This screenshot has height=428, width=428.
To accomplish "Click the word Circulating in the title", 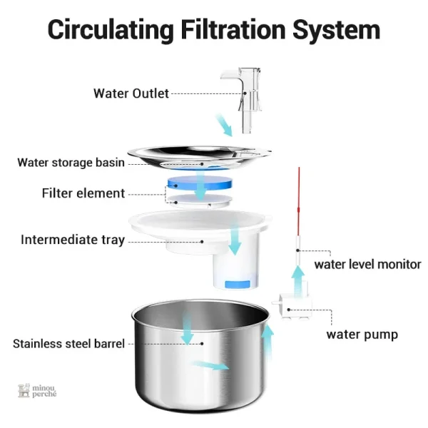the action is tap(111, 30).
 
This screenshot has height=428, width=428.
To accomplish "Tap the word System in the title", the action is tap(336, 30).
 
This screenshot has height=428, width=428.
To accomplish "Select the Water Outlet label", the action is tap(131, 93).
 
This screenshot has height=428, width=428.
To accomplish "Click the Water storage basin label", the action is tap(71, 163).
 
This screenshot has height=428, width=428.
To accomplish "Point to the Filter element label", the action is tap(83, 193).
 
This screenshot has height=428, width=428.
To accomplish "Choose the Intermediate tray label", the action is tap(73, 240).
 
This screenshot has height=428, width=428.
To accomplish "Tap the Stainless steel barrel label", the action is tap(68, 344).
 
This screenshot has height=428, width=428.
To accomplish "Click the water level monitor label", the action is tap(367, 265).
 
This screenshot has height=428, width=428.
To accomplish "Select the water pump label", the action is tap(362, 335).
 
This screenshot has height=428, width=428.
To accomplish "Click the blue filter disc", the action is tap(200, 183).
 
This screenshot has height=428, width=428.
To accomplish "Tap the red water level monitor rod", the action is tap(299, 201).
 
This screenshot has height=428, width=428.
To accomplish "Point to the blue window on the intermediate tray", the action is tap(238, 284).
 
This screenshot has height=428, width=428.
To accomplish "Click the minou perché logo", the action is tap(37, 391).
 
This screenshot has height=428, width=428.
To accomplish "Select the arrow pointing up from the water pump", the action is tap(297, 281).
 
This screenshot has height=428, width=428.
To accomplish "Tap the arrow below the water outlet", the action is tap(224, 126).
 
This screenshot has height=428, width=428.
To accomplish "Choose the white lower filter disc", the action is tap(199, 201).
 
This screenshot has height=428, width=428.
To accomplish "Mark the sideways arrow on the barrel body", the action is tap(210, 365).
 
